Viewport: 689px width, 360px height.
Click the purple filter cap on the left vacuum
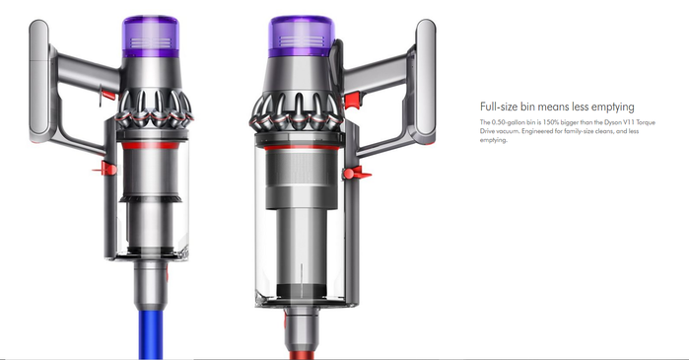(150, 36)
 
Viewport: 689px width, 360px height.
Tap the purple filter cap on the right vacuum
(302, 36)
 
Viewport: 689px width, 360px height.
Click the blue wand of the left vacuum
(151, 335)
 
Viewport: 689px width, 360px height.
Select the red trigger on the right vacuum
(352, 101)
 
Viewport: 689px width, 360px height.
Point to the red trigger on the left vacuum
(108, 94)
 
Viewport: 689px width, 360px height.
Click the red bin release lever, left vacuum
(105, 169)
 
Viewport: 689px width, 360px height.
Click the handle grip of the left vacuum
(39, 81)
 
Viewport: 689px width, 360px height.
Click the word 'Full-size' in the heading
(499, 107)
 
